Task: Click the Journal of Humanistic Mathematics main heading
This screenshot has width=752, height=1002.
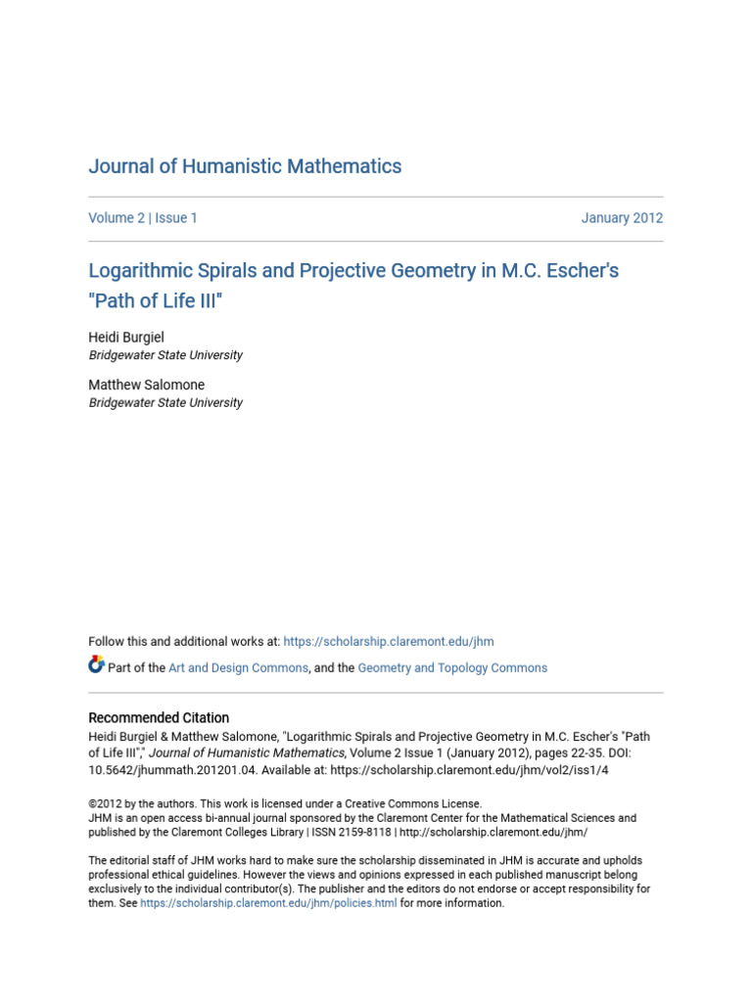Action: coord(245,166)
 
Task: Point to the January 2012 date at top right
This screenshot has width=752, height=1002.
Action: coord(622,218)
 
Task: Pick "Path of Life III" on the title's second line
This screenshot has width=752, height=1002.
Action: coord(156,300)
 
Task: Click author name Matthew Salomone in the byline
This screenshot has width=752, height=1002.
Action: coord(146,385)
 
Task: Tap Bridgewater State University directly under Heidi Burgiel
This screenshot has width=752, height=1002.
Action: coord(165,355)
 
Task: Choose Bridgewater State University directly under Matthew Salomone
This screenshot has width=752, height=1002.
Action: coord(165,402)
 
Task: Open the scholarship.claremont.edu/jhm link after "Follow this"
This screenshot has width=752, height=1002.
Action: coord(388,642)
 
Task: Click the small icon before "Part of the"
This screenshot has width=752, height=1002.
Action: coord(96,666)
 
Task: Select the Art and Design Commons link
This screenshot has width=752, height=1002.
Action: coord(239,668)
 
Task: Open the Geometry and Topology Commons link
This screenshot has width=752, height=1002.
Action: coord(452,668)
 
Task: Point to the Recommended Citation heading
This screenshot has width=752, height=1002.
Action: coord(159,717)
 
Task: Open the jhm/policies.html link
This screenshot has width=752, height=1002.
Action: coord(268,903)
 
